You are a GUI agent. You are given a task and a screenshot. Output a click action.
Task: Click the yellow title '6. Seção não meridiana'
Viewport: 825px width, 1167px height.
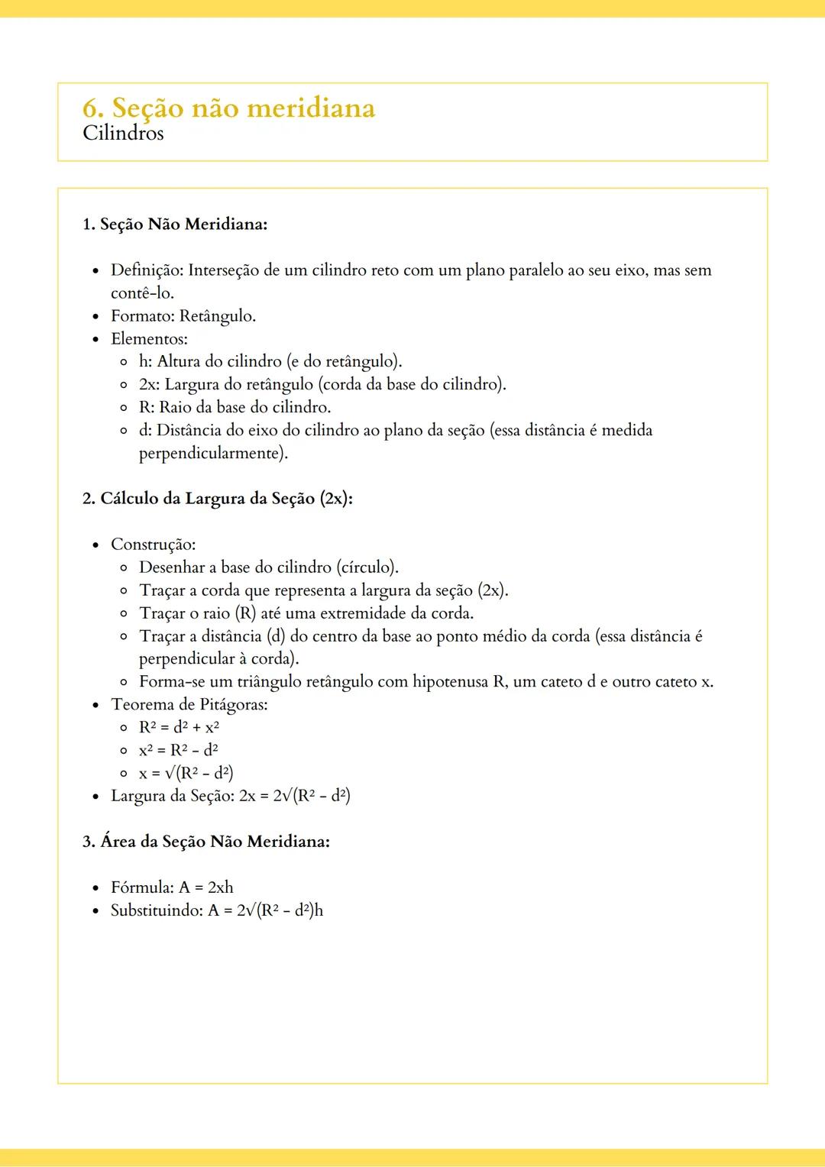(228, 108)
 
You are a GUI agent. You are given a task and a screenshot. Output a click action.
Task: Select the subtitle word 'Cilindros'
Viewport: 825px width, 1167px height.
(123, 134)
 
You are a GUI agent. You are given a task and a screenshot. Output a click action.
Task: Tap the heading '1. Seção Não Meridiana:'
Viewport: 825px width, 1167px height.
(174, 225)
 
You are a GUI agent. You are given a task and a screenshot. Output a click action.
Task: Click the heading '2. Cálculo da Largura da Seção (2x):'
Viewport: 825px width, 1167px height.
(217, 499)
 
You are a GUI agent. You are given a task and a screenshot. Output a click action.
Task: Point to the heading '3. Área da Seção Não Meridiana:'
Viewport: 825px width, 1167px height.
(206, 842)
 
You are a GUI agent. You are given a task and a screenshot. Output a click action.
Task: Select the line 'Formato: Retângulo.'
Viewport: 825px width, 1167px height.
(183, 316)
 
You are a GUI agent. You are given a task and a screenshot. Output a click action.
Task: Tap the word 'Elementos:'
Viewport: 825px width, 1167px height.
(149, 339)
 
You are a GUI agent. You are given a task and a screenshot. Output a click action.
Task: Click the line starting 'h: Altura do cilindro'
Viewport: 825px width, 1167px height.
(270, 362)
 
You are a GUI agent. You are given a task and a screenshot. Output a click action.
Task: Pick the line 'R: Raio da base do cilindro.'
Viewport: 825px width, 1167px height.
(235, 408)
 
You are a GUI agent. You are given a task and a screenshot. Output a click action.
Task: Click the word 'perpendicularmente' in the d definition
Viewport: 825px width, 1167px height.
(211, 454)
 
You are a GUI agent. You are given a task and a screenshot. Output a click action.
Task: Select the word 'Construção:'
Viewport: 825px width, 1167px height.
(153, 545)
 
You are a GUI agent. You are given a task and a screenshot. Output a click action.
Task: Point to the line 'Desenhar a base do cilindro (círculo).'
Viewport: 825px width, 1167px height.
(269, 567)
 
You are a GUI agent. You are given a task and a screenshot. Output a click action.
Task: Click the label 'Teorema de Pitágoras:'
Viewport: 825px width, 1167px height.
(189, 705)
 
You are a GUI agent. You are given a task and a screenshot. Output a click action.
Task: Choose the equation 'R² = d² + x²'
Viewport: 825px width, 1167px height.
(179, 727)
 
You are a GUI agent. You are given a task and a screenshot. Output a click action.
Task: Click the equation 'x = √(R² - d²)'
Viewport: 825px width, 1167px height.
(186, 773)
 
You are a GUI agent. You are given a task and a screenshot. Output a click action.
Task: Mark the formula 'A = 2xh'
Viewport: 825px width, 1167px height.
(206, 887)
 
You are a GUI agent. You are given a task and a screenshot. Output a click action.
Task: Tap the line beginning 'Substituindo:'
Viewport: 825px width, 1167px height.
(217, 910)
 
